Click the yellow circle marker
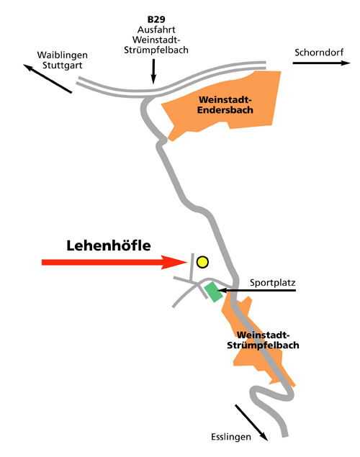pos(202,262)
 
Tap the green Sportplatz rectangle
pos(213,291)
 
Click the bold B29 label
pos(156,19)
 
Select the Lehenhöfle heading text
pos(109,245)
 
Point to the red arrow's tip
pos(187,262)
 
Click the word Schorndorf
pos(319,53)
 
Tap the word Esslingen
pos(231,437)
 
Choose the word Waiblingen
pos(63,55)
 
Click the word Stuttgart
pos(63,65)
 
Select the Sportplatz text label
pos(273,282)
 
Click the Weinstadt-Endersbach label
pos(225,104)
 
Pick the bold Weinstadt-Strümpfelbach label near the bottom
pos(263,340)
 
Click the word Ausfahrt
pos(156,30)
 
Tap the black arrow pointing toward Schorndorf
pos(322,63)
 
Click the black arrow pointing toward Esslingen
pos(251,422)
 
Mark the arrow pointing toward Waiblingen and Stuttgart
pos(48,78)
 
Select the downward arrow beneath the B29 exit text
pos(153,71)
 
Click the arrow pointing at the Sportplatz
pos(256,290)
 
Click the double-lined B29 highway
pos(171,81)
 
